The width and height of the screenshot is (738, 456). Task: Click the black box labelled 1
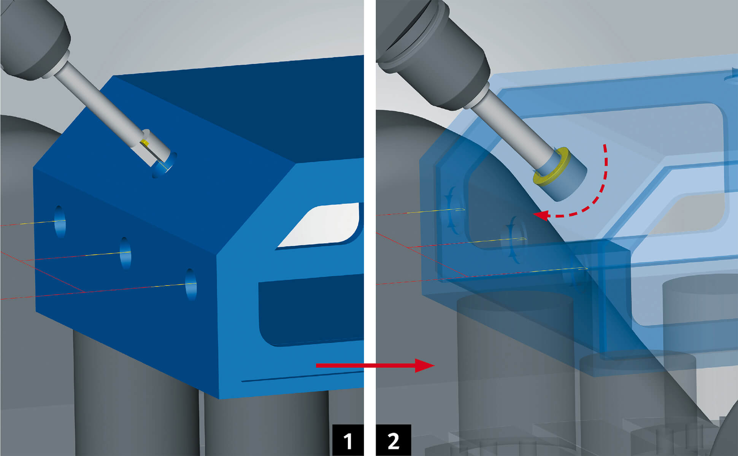tap(348, 440)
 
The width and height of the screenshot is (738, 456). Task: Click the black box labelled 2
tap(394, 440)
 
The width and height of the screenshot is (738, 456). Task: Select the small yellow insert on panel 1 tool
tap(144, 142)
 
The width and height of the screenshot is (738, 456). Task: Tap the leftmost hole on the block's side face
tap(60, 222)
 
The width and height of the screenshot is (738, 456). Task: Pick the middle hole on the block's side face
tap(125, 253)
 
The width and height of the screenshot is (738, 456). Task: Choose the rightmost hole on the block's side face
tap(191, 284)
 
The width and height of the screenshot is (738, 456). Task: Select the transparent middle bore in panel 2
tap(515, 239)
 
